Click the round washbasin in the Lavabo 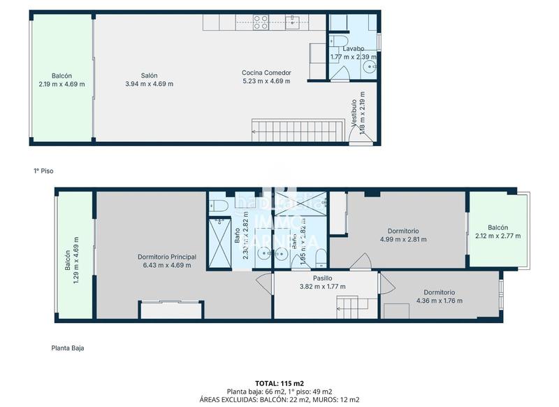point(368,67)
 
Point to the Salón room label point(149,76)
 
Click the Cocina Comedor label point(266,73)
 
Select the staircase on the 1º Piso point(298,130)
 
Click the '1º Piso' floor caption point(43,171)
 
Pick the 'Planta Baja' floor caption point(68,348)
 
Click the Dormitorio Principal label point(166,257)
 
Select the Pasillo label point(322,278)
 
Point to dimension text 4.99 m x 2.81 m point(403,239)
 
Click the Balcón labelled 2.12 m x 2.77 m point(498,231)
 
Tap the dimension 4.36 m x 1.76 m point(439,301)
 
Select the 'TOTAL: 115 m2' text point(279,384)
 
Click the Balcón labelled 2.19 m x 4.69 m point(61,80)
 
